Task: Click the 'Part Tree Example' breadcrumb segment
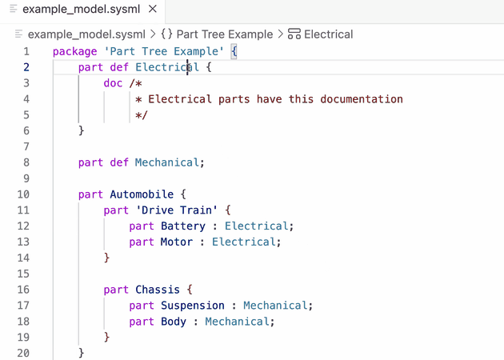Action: click(x=223, y=34)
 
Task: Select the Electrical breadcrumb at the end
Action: click(x=328, y=34)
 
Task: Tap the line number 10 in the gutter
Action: click(x=22, y=194)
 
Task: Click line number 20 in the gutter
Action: click(x=22, y=353)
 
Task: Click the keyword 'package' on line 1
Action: click(x=74, y=51)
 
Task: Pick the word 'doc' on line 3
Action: click(x=113, y=83)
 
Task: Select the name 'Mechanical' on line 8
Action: click(x=166, y=162)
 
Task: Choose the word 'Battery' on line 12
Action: click(x=182, y=226)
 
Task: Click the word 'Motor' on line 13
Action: click(x=176, y=242)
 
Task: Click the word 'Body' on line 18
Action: click(x=173, y=321)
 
